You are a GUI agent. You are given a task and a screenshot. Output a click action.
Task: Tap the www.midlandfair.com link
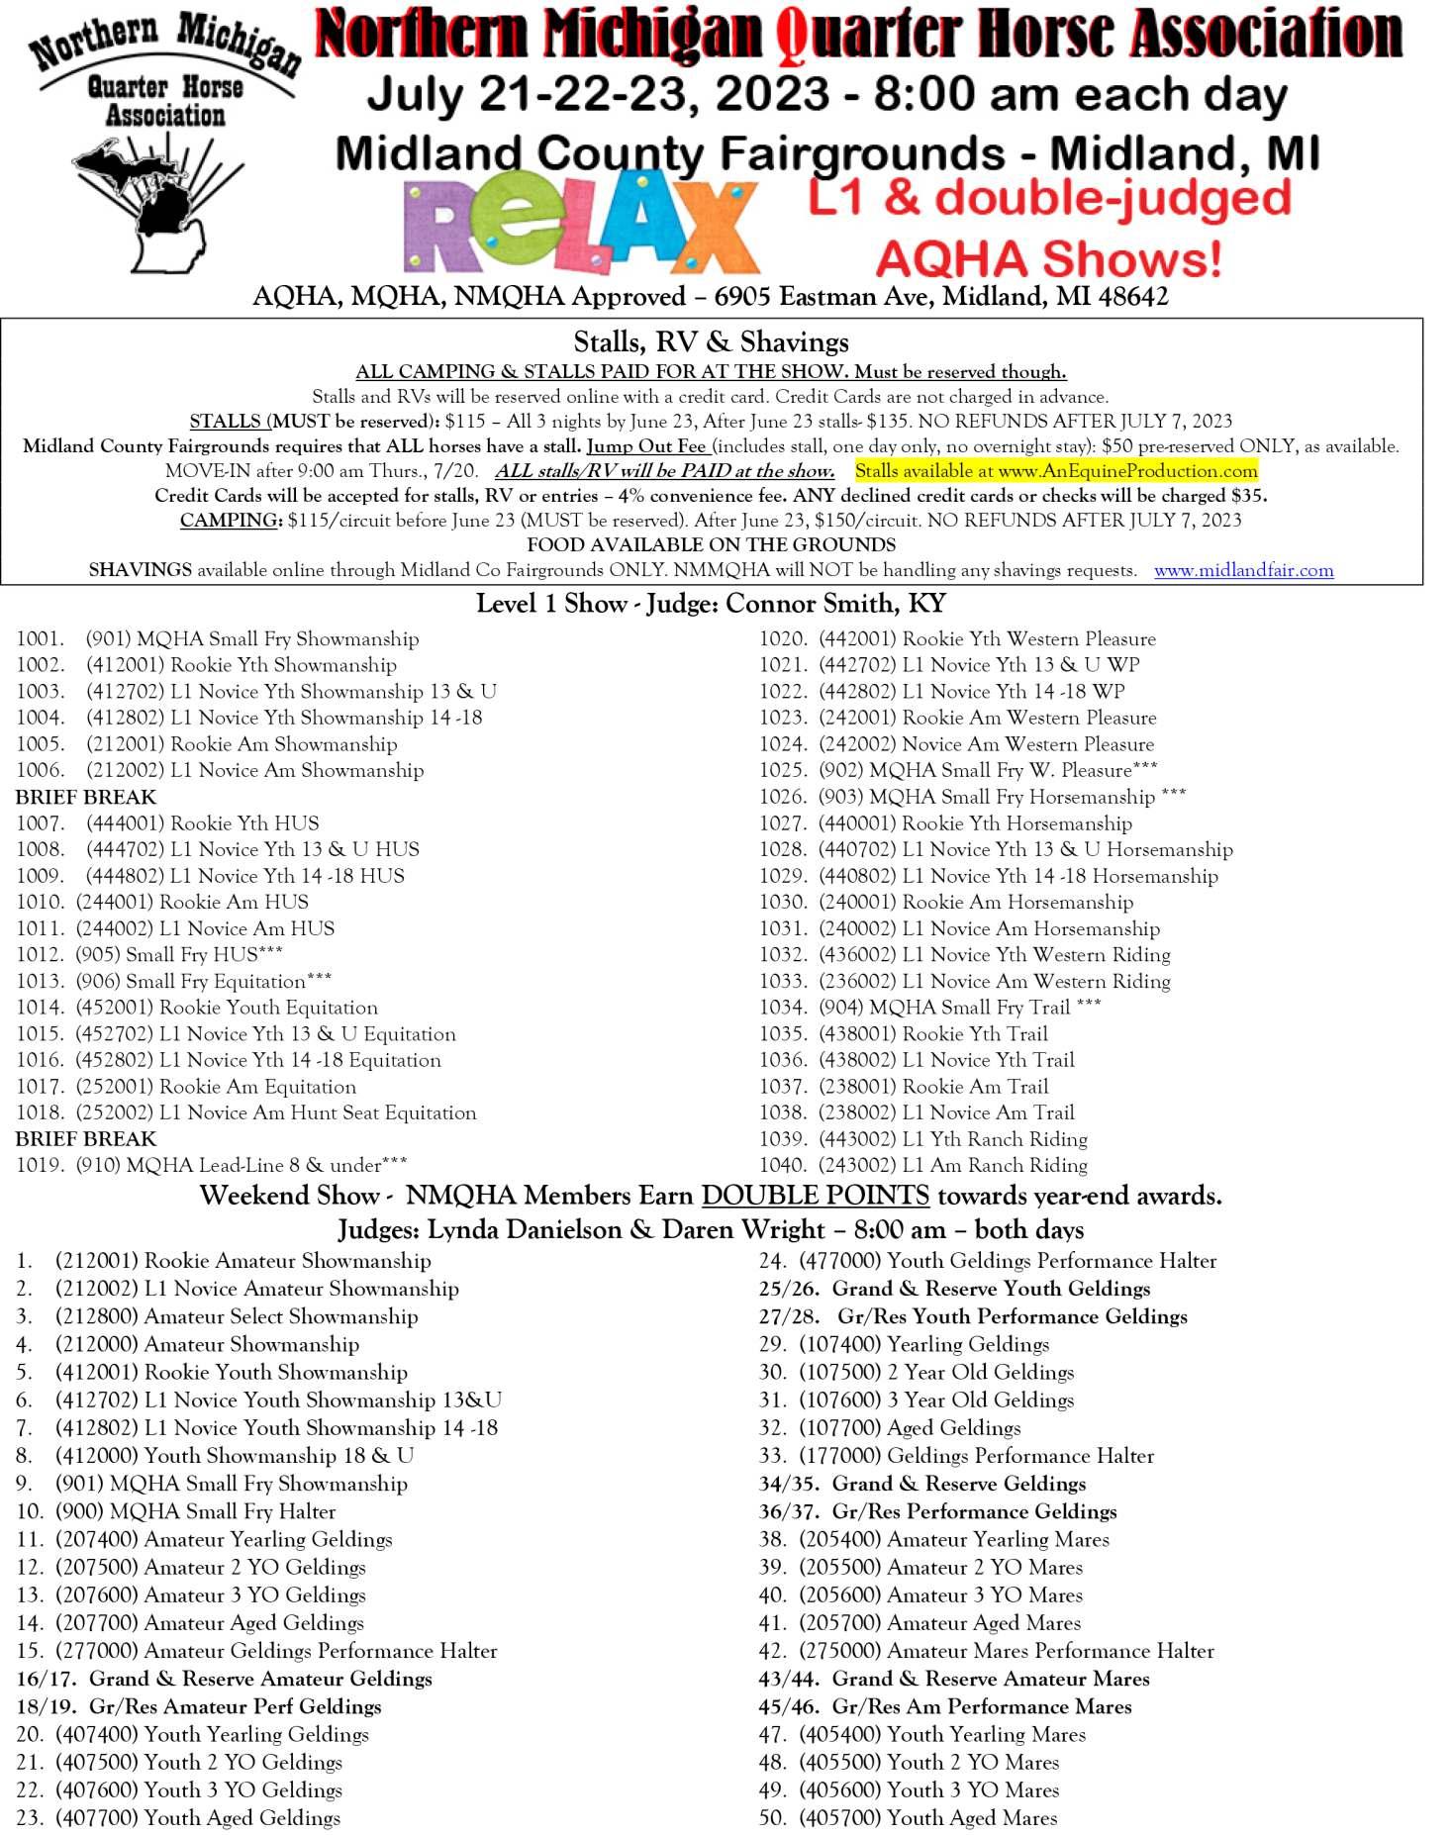[1243, 570]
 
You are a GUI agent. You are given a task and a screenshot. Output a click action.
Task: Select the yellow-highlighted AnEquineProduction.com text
[1056, 471]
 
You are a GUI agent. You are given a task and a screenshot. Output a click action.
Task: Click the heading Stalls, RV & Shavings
[711, 342]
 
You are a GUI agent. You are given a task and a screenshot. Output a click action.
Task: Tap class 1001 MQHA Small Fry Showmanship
[217, 639]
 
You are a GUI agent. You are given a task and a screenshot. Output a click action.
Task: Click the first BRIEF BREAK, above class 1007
[86, 797]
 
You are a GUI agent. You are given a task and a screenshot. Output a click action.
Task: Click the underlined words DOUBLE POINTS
[815, 1196]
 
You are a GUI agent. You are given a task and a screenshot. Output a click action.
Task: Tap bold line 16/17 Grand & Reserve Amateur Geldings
[224, 1679]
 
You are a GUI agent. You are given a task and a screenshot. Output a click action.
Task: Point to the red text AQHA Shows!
[1048, 259]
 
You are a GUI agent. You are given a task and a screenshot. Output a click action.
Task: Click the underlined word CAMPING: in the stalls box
[231, 521]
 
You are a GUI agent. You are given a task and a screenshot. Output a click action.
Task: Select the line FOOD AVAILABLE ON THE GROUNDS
[711, 545]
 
